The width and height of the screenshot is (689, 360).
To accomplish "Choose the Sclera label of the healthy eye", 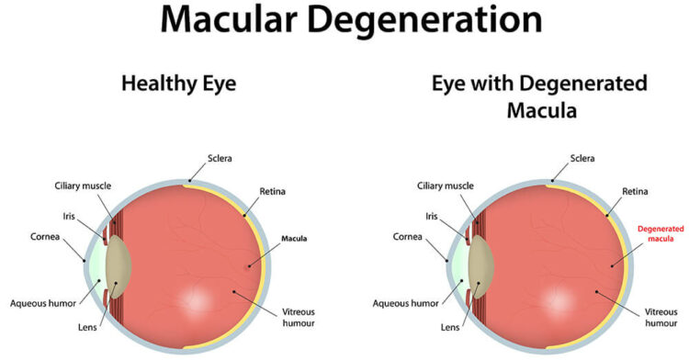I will point(220,158).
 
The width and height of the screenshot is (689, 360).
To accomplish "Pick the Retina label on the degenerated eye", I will point(636,191).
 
